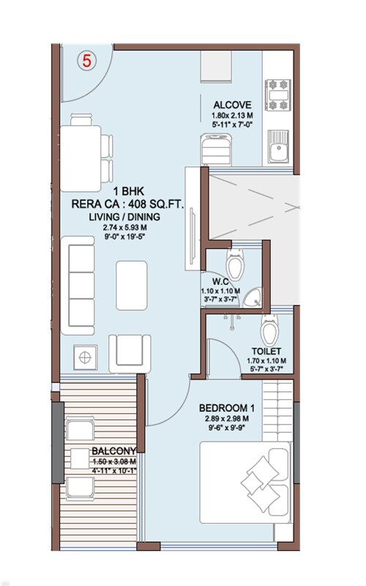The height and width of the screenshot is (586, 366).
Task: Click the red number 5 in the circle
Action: click(86, 61)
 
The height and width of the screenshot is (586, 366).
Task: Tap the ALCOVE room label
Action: click(232, 105)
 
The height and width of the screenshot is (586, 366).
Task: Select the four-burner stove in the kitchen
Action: click(278, 95)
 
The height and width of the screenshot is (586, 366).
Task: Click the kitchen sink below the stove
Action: click(278, 146)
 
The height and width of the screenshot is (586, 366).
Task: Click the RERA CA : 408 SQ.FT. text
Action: click(127, 204)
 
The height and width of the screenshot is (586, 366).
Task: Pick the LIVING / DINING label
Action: click(124, 217)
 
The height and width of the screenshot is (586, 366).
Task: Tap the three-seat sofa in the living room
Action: click(78, 286)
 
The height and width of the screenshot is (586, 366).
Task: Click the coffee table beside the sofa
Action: click(132, 286)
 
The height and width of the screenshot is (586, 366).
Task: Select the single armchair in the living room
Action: click(130, 354)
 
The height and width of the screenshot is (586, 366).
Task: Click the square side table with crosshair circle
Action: click(85, 357)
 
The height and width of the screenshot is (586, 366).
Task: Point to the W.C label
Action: click(220, 282)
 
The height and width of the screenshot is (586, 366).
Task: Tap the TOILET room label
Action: click(266, 352)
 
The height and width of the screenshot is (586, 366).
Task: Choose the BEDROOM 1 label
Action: click(228, 408)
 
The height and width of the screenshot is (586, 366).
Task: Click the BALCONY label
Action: click(114, 450)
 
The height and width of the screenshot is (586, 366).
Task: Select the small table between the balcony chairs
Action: click(80, 459)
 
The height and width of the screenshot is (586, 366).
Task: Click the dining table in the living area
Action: click(81, 159)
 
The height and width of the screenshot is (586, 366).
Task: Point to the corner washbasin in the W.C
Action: click(253, 298)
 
